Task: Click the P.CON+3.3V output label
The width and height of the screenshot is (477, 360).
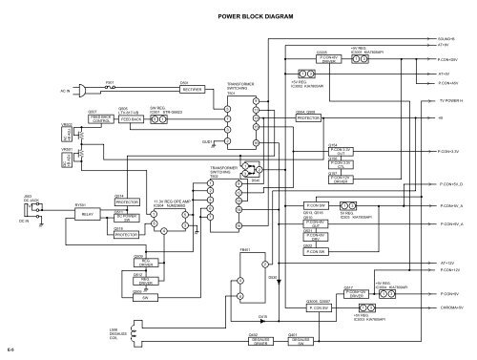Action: coord(451,152)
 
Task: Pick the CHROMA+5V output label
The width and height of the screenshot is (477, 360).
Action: coord(450,307)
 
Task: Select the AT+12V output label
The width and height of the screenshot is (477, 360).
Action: coord(446,261)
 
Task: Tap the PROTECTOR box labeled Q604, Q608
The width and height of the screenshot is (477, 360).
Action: coord(308,119)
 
